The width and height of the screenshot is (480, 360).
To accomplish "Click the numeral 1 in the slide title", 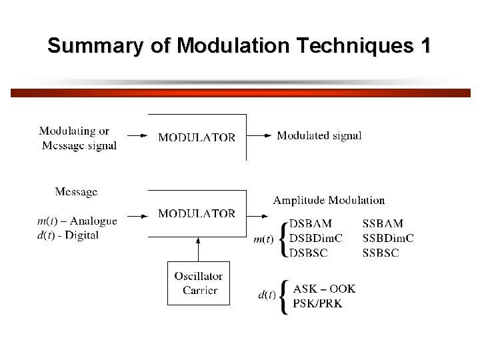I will pyautogui.click(x=423, y=46).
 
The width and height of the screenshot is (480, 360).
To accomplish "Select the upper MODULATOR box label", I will pyautogui.click(x=197, y=137).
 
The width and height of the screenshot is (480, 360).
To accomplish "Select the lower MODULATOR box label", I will pyautogui.click(x=197, y=213).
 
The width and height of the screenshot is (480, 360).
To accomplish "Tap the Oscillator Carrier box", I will pyautogui.click(x=198, y=283).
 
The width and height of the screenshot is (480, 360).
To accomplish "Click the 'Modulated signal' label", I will pyautogui.click(x=319, y=135).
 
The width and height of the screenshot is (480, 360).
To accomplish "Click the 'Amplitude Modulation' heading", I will pyautogui.click(x=329, y=200).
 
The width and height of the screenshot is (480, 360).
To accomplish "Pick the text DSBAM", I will pyautogui.click(x=310, y=223).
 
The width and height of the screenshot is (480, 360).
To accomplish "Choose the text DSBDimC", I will pyautogui.click(x=315, y=238).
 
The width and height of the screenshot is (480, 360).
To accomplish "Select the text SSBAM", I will pyautogui.click(x=383, y=223).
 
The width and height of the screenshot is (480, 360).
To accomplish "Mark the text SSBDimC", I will pyautogui.click(x=388, y=238).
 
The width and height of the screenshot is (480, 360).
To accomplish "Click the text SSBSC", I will pyautogui.click(x=381, y=253).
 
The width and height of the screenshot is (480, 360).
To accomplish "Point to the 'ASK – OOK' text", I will pyautogui.click(x=325, y=289).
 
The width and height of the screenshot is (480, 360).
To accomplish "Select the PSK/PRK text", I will pyautogui.click(x=318, y=303).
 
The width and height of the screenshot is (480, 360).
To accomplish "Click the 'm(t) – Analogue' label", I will pyautogui.click(x=77, y=221).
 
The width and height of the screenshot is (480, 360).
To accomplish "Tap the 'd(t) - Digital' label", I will pyautogui.click(x=69, y=235).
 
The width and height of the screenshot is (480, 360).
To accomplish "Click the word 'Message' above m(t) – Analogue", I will pyautogui.click(x=76, y=192).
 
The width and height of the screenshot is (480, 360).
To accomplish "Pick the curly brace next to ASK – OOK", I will pyautogui.click(x=285, y=297).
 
